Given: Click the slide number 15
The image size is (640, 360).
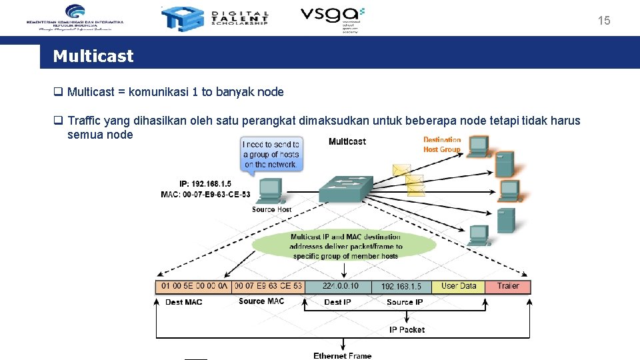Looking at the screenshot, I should [x=603, y=21].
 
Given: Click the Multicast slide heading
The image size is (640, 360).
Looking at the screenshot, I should [x=93, y=56].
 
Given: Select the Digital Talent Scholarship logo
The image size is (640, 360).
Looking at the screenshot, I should [x=215, y=19].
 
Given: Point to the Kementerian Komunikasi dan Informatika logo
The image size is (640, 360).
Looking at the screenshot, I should [x=75, y=17].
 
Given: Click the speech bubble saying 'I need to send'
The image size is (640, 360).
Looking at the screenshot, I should [x=271, y=154].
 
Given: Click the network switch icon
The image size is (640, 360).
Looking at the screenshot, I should [x=345, y=189].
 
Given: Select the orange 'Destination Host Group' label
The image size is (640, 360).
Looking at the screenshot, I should [x=442, y=145].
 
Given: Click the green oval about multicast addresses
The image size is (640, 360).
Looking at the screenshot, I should [x=344, y=246].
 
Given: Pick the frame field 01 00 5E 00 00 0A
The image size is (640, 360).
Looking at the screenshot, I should [x=193, y=286].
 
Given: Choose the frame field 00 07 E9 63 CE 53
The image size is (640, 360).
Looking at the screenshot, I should [x=268, y=286].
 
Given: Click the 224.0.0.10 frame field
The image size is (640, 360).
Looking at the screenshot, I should [x=340, y=286].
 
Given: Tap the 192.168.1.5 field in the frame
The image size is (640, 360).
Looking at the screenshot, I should [x=401, y=286].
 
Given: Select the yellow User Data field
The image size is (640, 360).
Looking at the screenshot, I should [x=459, y=286].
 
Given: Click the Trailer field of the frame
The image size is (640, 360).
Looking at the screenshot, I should [x=508, y=286].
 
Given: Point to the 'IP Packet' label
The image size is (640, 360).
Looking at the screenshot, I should [x=407, y=329].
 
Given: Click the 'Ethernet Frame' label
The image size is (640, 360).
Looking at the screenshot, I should [x=343, y=355].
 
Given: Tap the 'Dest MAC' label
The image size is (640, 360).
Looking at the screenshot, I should [x=183, y=302].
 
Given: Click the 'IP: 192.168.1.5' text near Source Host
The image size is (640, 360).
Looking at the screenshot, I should [x=205, y=183].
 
